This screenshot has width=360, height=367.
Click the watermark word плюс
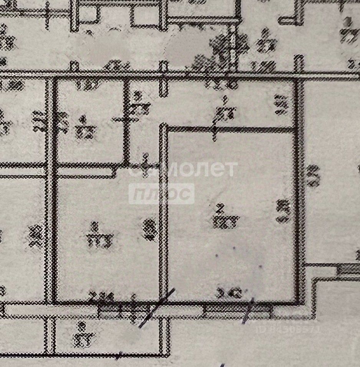tap(161, 194)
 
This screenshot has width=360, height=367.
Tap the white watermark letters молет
tap(200, 169)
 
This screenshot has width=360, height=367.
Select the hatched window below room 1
tap(123, 309)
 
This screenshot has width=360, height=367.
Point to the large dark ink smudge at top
tap(226, 48)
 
